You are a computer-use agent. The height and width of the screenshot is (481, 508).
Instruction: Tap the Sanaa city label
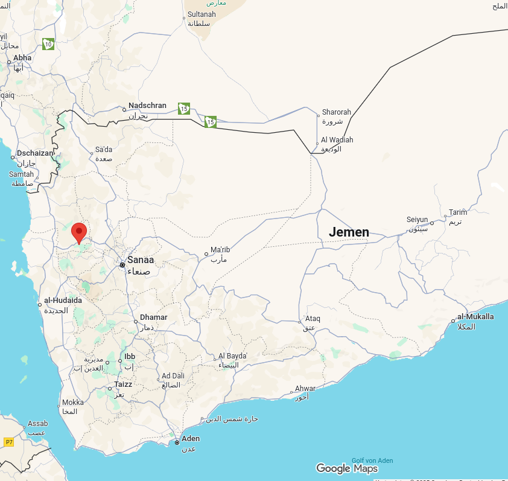pos(140,260)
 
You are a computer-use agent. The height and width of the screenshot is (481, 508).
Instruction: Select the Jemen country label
pos(349,232)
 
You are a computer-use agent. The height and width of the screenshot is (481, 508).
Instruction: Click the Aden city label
pos(190,439)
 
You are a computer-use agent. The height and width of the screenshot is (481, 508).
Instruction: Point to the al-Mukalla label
pos(475,317)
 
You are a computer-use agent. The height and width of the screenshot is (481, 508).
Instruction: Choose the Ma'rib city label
pos(220,250)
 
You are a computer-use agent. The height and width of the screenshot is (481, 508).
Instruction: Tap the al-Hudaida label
pos(63,300)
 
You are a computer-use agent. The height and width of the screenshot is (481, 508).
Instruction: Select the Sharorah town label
pos(336,112)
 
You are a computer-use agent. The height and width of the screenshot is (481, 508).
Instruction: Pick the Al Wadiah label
pos(337,140)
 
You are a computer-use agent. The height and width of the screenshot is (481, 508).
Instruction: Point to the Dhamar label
pos(153,317)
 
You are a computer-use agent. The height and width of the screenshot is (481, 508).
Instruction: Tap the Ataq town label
pos(313,318)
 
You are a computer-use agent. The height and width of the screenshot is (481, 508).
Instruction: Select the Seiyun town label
pos(417,220)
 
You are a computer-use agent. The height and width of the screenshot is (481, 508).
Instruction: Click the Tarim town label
pos(458,212)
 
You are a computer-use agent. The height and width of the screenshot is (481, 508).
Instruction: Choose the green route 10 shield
pos(49,43)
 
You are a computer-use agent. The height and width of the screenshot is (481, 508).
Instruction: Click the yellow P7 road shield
pos(8,442)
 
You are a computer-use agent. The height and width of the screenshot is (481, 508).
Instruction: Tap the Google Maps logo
pos(347,468)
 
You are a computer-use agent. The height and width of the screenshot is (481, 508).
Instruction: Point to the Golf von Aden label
pos(372,460)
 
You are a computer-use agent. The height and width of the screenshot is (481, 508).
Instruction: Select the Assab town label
pos(38,424)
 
